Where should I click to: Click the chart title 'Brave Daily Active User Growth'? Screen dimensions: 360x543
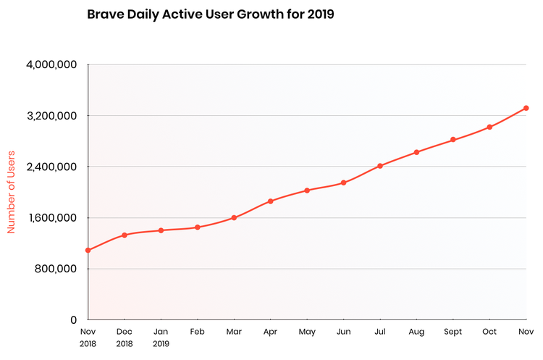tap(210, 14)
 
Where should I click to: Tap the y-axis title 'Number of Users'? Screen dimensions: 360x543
tap(12, 192)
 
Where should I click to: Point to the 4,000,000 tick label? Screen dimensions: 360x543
tap(51, 65)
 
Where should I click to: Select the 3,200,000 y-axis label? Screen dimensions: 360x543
tap(51, 116)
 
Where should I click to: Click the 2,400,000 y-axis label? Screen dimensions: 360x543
tap(51, 167)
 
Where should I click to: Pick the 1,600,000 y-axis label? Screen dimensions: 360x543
tap(51, 218)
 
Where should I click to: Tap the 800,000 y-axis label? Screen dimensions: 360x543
tap(56, 269)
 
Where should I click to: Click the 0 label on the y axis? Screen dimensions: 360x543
tap(73, 319)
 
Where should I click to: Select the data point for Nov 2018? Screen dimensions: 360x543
tap(88, 251)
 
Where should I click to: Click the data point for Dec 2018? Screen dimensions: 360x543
tap(125, 235)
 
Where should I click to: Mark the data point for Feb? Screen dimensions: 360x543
tap(198, 227)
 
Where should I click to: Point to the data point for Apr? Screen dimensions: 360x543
tap(271, 201)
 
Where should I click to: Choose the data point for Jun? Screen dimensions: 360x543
tap(344, 183)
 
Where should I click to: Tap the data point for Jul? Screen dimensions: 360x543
tap(380, 166)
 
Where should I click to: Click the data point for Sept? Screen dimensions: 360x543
tap(453, 140)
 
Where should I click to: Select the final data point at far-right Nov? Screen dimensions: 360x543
tap(526, 108)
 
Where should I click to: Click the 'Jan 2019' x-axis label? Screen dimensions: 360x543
tap(161, 338)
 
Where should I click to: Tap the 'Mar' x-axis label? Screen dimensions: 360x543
tap(234, 332)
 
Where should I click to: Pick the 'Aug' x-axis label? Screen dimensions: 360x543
tap(416, 332)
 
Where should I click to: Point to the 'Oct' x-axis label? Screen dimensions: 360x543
tap(489, 332)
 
